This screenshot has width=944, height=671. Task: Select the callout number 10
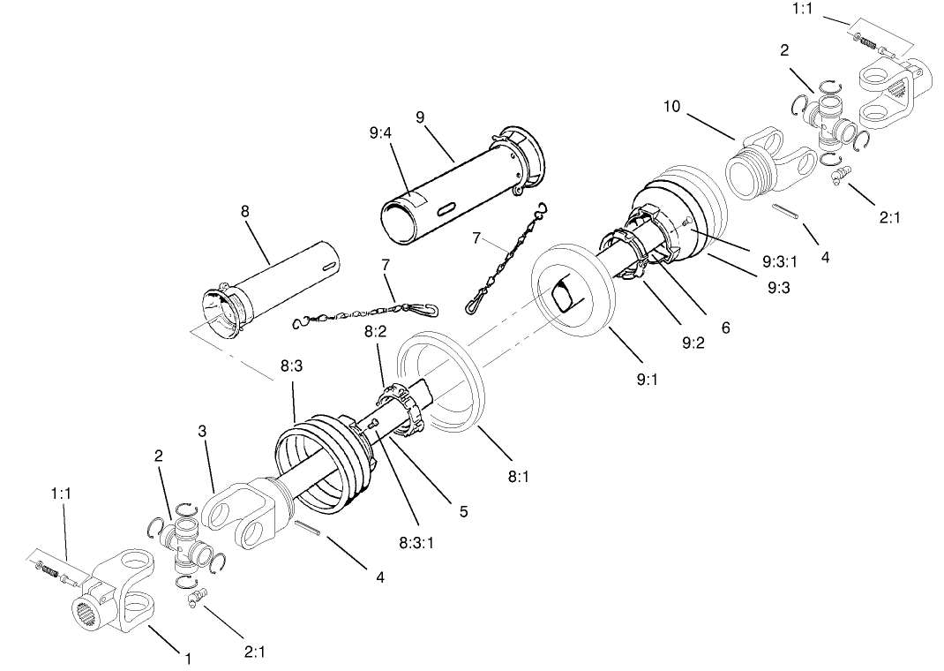pyautogui.click(x=672, y=107)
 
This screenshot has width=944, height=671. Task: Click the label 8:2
pyautogui.click(x=375, y=332)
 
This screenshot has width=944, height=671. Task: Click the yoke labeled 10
pyautogui.click(x=768, y=168)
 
